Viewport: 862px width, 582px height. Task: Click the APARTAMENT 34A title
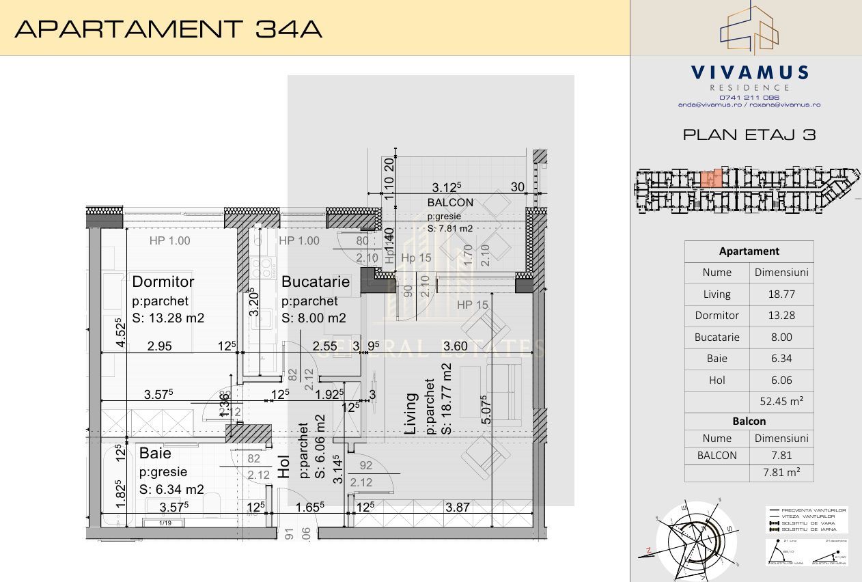tap(168, 29)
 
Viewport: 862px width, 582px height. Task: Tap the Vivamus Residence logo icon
tap(749, 29)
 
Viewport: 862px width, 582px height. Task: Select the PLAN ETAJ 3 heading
tap(749, 135)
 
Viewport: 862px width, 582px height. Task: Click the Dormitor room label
tap(163, 281)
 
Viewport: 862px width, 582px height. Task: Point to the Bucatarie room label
tap(316, 281)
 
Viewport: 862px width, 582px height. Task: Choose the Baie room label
tap(155, 454)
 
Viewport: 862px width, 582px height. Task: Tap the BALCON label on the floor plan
tap(450, 202)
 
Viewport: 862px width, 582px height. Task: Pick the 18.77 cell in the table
tap(781, 294)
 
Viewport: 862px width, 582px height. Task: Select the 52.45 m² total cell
tap(781, 402)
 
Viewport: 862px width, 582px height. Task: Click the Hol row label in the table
tap(717, 380)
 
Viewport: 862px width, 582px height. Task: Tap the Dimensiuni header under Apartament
tap(781, 273)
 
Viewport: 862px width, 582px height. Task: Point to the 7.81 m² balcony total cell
tap(781, 472)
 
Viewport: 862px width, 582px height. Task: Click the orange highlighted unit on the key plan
tap(710, 179)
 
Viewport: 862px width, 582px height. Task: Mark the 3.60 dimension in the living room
tap(455, 346)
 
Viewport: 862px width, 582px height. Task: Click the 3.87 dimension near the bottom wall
tap(457, 508)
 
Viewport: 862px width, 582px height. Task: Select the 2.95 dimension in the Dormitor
tap(160, 346)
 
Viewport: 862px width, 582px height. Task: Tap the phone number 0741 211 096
tap(749, 97)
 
